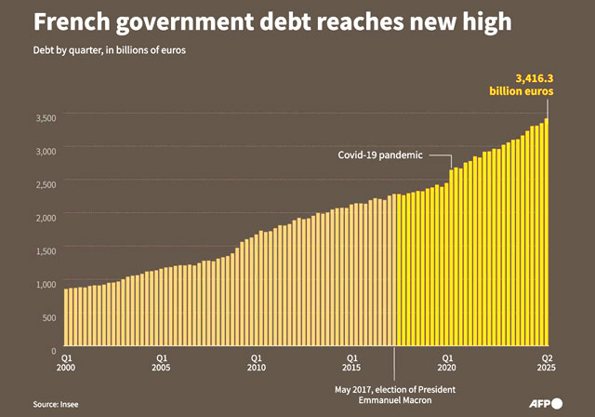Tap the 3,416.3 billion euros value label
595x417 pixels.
point(522,85)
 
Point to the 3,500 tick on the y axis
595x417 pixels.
point(46,117)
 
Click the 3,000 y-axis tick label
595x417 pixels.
point(46,150)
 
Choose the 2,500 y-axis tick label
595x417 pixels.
point(46,183)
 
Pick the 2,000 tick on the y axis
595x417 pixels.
point(46,217)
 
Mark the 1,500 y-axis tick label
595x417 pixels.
point(46,250)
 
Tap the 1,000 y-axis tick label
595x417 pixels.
point(46,284)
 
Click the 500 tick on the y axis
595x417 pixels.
point(50,317)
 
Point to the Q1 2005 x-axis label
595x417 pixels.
point(163,362)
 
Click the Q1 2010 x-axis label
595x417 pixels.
point(258,362)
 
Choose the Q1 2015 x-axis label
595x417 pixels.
point(352,362)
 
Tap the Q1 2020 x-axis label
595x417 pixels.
point(448,362)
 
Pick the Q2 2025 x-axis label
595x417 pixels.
point(547,362)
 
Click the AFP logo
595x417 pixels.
point(544,403)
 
